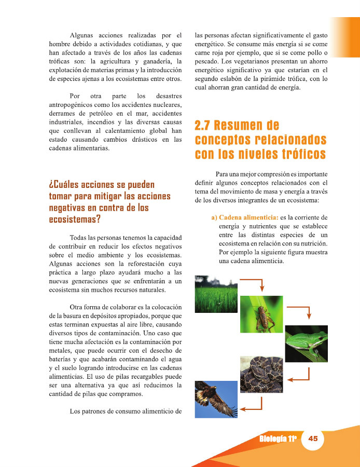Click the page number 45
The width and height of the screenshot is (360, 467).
[313, 438]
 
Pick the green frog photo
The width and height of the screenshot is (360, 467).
[306, 343]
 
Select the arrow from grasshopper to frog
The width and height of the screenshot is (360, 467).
[300, 311]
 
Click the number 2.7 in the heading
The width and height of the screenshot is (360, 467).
[205, 126]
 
